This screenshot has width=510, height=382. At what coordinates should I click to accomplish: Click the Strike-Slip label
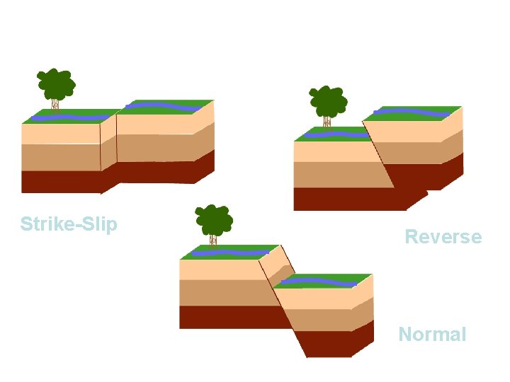click(x=69, y=224)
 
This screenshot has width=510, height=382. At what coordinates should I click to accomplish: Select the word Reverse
click(x=443, y=236)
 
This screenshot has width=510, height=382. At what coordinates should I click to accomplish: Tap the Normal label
click(x=432, y=334)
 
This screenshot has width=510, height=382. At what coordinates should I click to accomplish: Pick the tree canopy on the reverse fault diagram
click(x=328, y=101)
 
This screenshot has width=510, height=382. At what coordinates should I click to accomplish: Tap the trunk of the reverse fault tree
click(x=328, y=122)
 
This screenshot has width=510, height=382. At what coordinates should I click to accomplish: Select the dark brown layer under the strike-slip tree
click(x=60, y=181)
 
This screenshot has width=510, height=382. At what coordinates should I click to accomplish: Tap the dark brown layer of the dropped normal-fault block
click(x=333, y=343)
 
